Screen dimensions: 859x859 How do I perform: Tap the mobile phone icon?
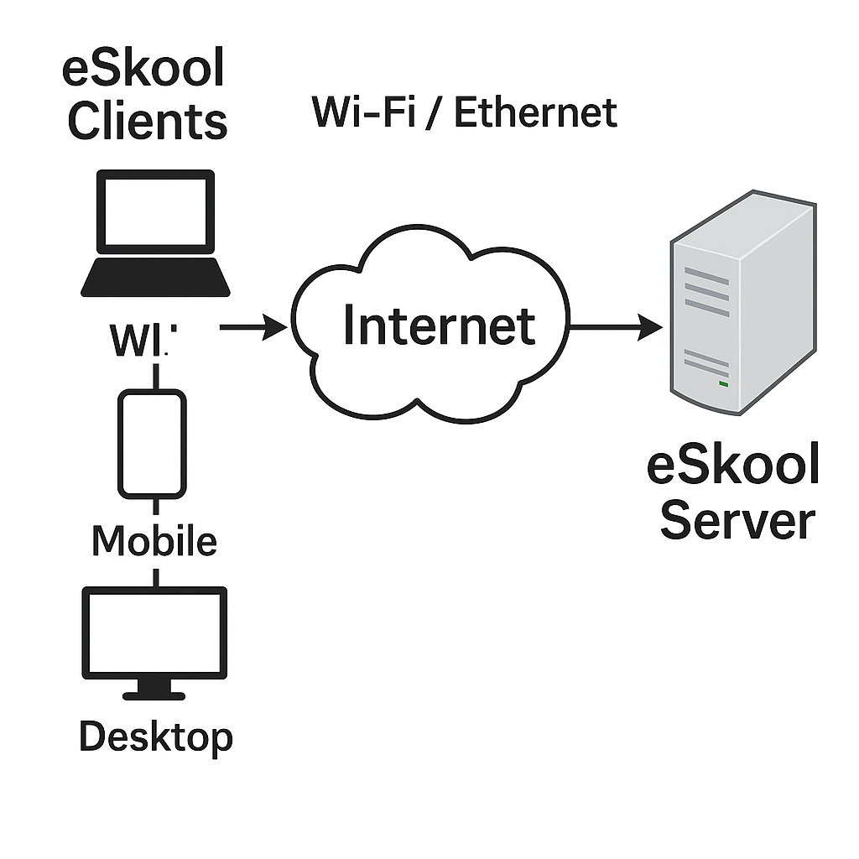tap(152, 444)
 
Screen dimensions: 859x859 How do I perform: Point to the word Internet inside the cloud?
tap(439, 326)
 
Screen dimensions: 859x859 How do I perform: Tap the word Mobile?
tap(154, 541)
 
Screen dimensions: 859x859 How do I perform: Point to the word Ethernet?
tap(535, 112)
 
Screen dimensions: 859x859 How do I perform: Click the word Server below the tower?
tap(737, 520)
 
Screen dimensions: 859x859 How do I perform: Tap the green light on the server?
tap(722, 384)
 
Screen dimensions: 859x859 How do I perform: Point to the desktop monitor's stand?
tap(154, 690)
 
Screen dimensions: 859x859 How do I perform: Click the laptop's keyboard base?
tap(156, 278)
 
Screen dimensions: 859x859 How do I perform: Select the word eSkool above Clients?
tap(143, 69)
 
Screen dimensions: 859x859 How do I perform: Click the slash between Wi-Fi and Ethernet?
tap(432, 113)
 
